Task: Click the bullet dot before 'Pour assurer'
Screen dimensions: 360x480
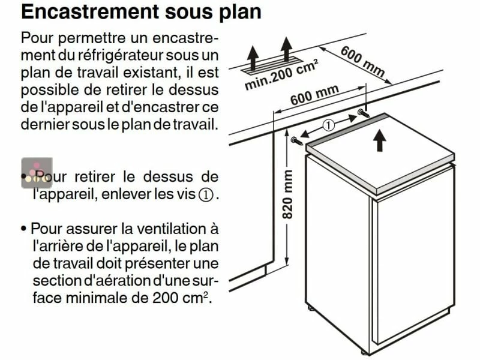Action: (x=23, y=229)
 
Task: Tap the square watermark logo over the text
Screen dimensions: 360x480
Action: (x=37, y=173)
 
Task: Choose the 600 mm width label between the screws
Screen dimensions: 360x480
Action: (x=314, y=96)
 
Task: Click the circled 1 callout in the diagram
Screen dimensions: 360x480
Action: (x=328, y=125)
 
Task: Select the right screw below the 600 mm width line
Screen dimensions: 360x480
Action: (x=363, y=112)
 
